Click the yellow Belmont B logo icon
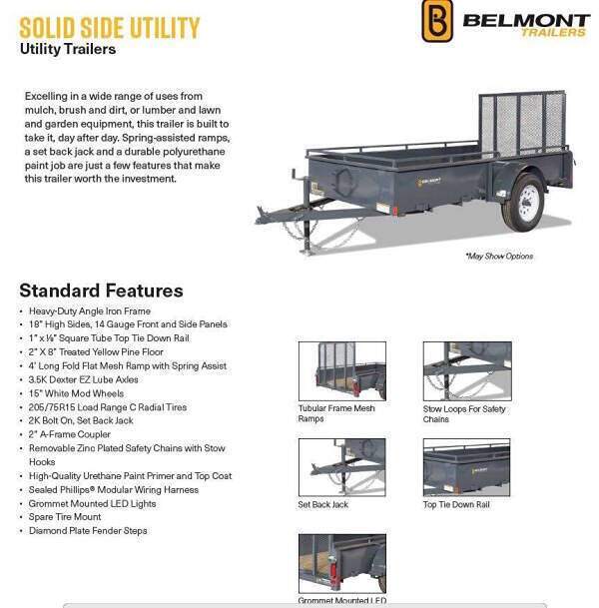pos(437,21)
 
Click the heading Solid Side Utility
pos(109,26)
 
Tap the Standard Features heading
pos(101,291)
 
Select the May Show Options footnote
pos(499,257)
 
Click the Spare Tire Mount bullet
pos(65,517)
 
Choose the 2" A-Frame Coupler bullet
pos(70,434)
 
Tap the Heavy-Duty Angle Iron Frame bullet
pos(90,310)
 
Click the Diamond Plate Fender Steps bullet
pos(88,531)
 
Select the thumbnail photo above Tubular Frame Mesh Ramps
pos(341,370)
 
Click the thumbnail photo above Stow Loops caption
pos(466,370)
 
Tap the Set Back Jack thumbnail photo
pos(341,467)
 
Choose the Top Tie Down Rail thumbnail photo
pos(466,467)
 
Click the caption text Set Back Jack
pos(322,505)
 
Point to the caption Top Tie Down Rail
pos(456,505)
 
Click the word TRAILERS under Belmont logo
pos(554,33)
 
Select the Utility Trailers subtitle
pos(68,49)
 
